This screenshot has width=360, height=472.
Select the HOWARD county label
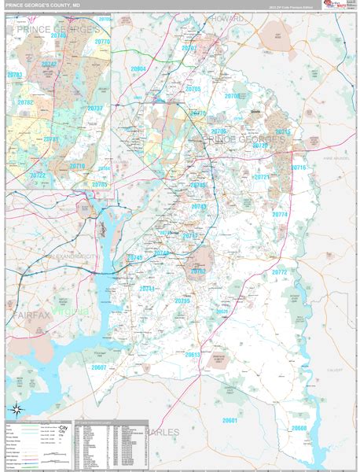(230, 18)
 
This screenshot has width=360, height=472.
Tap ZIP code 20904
(138, 69)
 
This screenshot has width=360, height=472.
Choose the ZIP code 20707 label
(189, 48)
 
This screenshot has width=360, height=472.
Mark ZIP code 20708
(232, 96)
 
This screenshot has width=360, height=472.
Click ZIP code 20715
(282, 131)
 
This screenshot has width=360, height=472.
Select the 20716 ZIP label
(299, 168)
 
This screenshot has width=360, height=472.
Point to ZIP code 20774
(279, 214)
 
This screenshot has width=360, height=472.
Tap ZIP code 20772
(279, 272)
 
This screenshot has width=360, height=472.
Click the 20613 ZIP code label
(193, 355)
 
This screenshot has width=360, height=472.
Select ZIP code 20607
(99, 367)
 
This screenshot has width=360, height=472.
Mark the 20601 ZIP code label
(230, 421)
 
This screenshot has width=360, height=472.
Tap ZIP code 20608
(299, 428)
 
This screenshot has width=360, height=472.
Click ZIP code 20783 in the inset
(14, 75)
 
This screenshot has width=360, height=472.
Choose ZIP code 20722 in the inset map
(37, 175)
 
